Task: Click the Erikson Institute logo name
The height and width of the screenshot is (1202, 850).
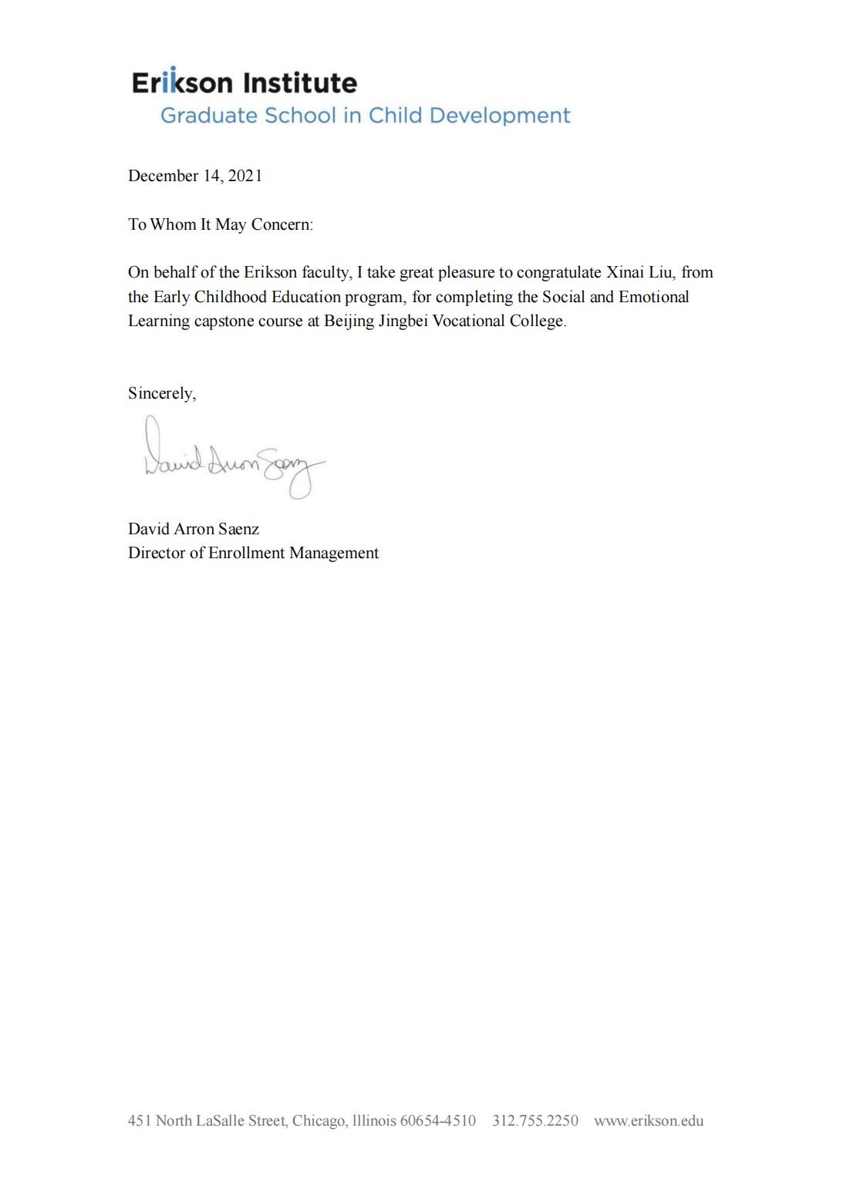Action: pyautogui.click(x=244, y=82)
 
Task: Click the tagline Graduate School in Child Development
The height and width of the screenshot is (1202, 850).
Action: pyautogui.click(x=365, y=116)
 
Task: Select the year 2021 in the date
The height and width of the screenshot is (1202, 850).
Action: pyautogui.click(x=245, y=176)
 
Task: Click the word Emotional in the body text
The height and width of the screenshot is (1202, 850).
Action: pyautogui.click(x=653, y=297)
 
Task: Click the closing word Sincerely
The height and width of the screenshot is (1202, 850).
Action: pyautogui.click(x=161, y=393)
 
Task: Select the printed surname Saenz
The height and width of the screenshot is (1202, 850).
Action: pyautogui.click(x=238, y=529)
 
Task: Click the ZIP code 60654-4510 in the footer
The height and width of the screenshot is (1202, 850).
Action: pyautogui.click(x=437, y=1121)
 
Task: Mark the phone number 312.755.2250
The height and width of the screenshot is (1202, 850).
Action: pyautogui.click(x=535, y=1121)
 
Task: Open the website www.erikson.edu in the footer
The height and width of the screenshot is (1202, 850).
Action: pyautogui.click(x=648, y=1121)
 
